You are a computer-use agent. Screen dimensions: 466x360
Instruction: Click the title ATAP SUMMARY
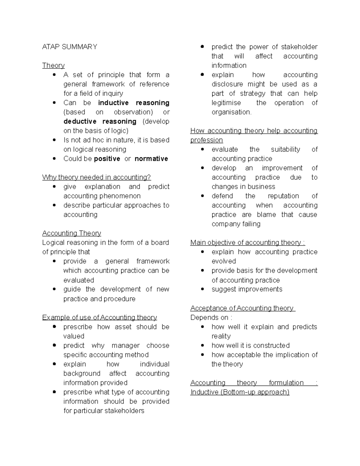tap(70, 47)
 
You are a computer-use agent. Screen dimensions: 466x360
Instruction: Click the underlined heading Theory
tap(53, 65)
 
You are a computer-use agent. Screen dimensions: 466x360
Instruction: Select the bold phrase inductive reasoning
tap(133, 103)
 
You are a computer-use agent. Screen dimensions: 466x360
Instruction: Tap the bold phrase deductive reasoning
tap(100, 121)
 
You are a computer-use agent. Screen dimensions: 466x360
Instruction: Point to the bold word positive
tap(107, 159)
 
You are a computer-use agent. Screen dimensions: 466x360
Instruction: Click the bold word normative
tap(151, 159)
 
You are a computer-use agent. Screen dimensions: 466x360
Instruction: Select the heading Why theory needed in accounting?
tap(96, 177)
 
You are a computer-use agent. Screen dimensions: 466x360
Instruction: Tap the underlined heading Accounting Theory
tap(71, 233)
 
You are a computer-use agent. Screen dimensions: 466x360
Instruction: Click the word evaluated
tap(79, 280)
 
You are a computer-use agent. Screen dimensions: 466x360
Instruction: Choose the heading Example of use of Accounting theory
tap(99, 317)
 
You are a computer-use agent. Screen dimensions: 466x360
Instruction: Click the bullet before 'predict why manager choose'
tap(54, 345)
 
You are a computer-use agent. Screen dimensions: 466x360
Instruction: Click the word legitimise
tap(226, 103)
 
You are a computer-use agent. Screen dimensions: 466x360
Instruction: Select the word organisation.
tap(231, 112)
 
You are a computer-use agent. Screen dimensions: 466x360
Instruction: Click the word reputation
tap(283, 196)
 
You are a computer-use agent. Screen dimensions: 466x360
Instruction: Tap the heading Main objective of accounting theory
tap(247, 242)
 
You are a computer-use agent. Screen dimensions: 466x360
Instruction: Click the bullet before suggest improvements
tap(202, 289)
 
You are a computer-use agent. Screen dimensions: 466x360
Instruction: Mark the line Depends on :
tap(211, 317)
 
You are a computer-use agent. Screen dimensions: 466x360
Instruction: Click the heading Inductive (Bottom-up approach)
tap(240, 392)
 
